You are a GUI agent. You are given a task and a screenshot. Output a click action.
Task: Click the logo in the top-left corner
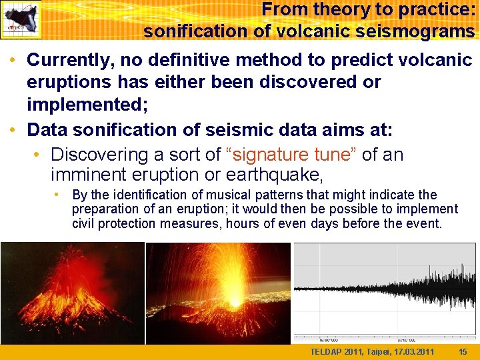pyautogui.click(x=21, y=20)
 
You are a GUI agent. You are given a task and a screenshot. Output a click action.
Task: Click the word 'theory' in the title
pyautogui.click(x=331, y=9)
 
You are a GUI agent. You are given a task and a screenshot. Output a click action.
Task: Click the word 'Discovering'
pyautogui.click(x=101, y=154)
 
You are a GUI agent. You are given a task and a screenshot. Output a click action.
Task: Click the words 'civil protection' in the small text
pyautogui.click(x=114, y=223)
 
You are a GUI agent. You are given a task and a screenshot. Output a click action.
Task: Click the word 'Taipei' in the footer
pyautogui.click(x=377, y=352)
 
